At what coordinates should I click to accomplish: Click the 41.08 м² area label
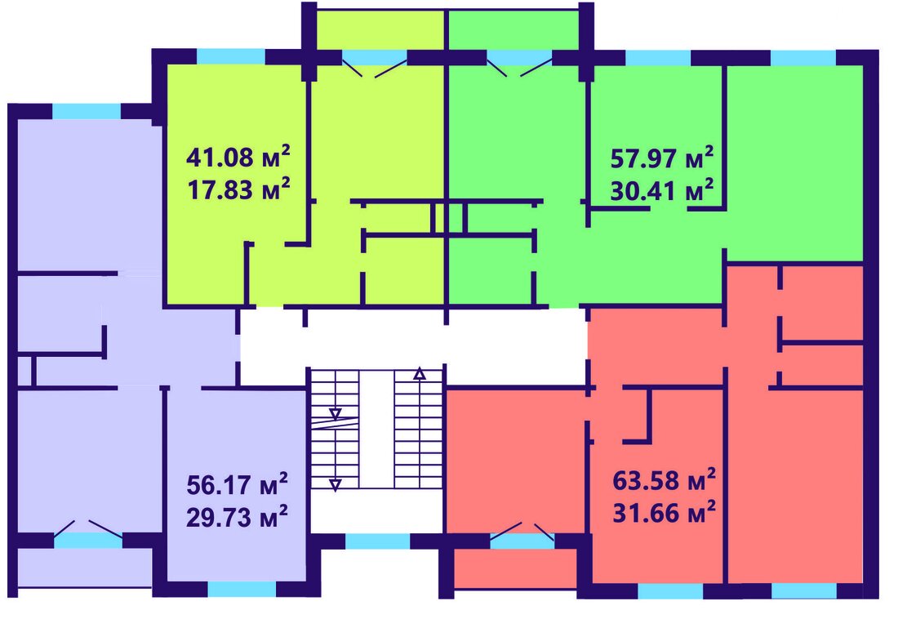pos(238,157)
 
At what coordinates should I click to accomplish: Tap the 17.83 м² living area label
pos(238,189)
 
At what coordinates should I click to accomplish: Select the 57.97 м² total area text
pos(662,158)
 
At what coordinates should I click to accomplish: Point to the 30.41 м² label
pos(662,190)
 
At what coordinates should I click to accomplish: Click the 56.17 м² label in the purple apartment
pos(237,485)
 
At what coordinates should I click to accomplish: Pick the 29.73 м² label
pos(237,517)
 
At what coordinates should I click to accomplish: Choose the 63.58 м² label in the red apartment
pos(665,479)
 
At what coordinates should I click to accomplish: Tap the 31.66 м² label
pos(665,512)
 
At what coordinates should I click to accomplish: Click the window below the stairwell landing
pos(378,541)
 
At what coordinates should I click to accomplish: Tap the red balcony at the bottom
pos(515,568)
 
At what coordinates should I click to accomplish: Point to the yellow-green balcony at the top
pos(380,29)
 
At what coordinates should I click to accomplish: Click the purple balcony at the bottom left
pos(85,568)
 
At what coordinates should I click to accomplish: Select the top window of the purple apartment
pos(87,111)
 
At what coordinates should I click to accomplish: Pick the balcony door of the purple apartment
pos(87,534)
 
